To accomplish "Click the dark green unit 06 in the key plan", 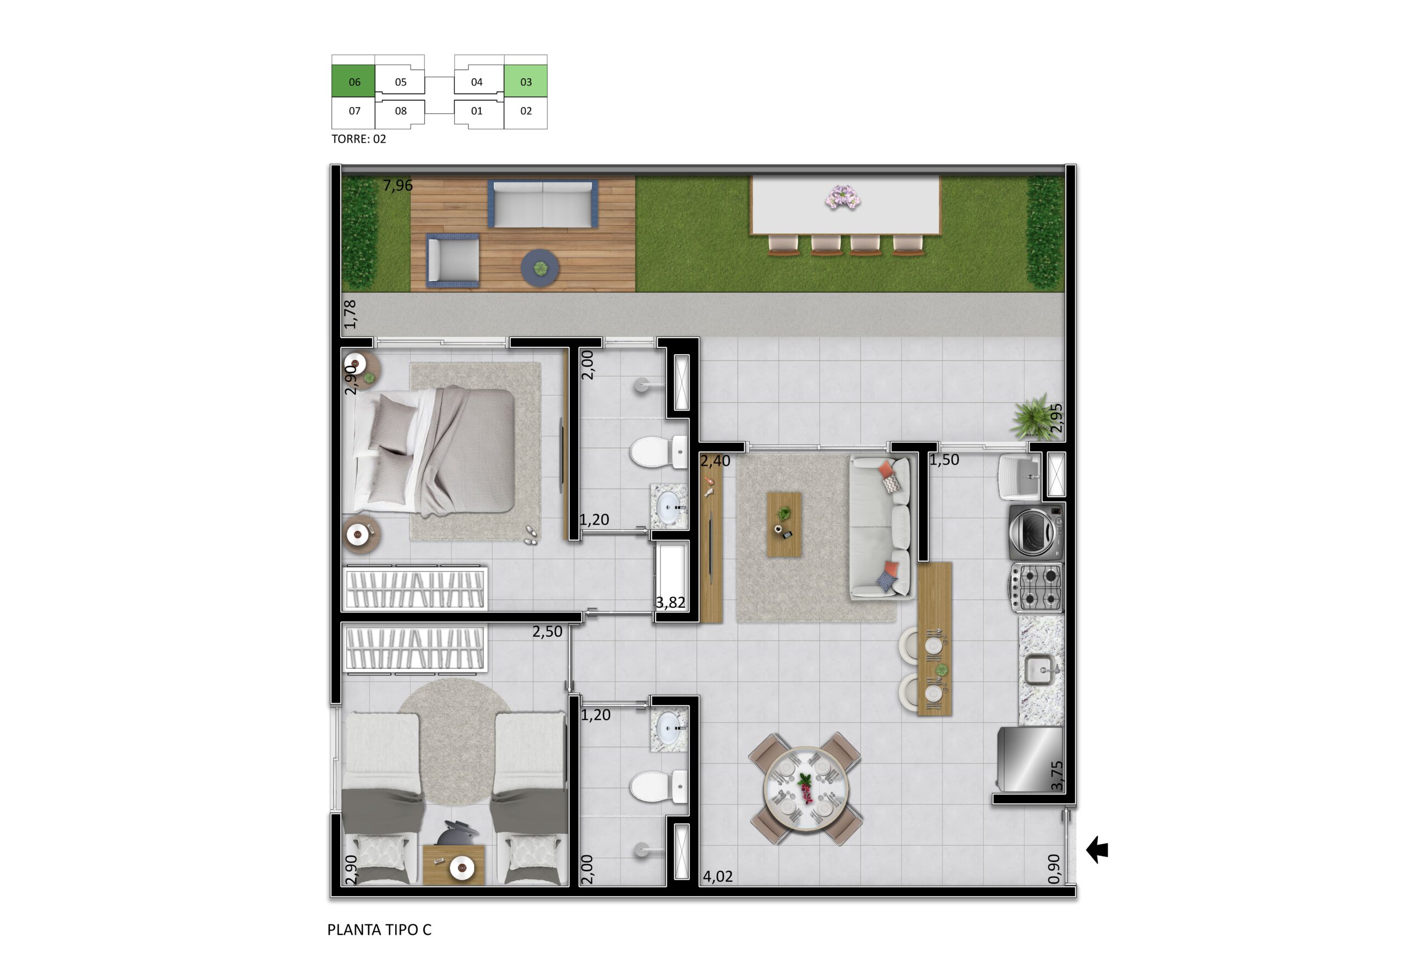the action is [x=353, y=81].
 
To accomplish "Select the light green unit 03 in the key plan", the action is [x=526, y=81].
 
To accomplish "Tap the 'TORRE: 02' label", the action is [x=358, y=139].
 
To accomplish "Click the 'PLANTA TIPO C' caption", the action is [x=379, y=929].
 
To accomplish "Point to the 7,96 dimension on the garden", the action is [x=398, y=185].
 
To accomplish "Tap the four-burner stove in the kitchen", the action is [x=1036, y=587].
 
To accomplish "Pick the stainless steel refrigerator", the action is [x=1030, y=759].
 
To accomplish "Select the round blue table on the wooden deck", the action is [x=540, y=267].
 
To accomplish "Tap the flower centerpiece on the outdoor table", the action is [x=843, y=198].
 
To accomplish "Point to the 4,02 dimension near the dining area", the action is [x=717, y=876].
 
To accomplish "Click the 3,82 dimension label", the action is [x=670, y=603].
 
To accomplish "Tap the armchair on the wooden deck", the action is [x=453, y=260].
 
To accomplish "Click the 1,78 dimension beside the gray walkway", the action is [x=350, y=314].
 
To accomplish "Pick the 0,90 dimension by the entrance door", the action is [x=1054, y=869].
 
